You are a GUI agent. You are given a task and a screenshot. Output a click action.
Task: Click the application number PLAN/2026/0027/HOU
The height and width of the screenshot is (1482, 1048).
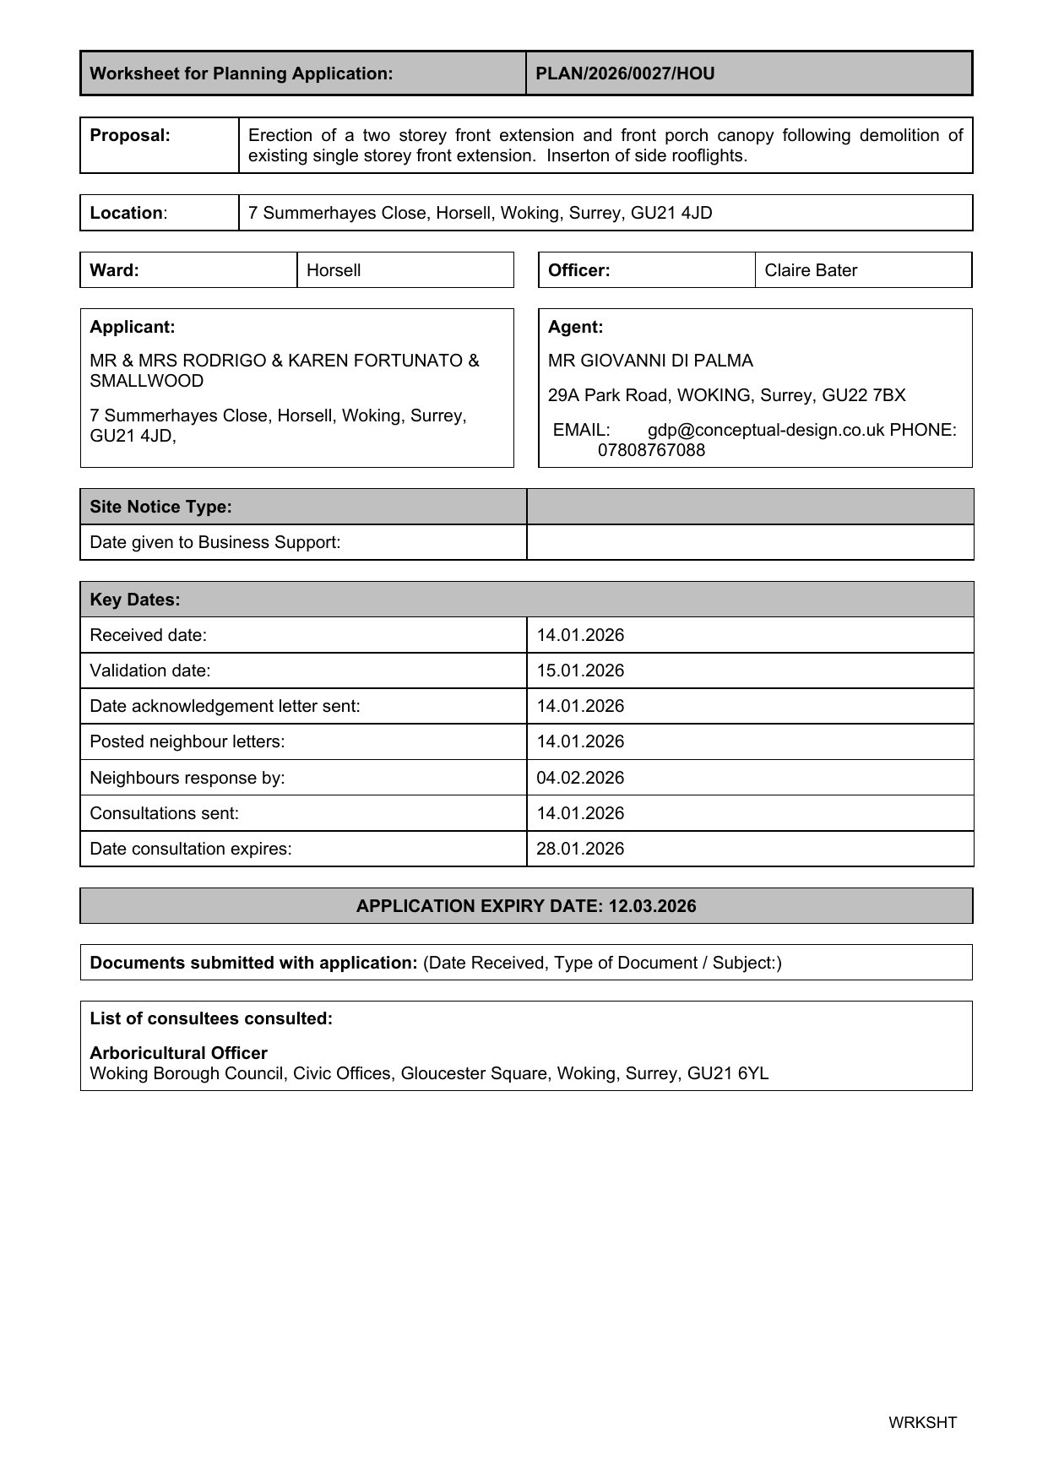coord(625,73)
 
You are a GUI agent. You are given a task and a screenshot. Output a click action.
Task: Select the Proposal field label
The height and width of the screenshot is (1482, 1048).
coord(130,135)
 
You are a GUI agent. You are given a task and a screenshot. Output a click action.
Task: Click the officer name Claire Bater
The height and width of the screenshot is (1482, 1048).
coord(811,270)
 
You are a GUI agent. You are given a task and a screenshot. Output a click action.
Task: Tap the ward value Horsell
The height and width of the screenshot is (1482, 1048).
coord(334,270)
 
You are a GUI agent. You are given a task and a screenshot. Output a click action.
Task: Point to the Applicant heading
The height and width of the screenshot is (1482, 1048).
coord(133,327)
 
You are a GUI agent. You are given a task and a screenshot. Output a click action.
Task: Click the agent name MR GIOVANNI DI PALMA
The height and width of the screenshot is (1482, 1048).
coord(650,361)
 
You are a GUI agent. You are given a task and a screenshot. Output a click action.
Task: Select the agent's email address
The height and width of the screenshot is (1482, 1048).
coord(766,430)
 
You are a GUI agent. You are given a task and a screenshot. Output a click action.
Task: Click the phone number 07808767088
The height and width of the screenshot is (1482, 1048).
coord(651,450)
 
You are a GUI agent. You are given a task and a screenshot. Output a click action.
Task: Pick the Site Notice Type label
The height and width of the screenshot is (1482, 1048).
coord(160,507)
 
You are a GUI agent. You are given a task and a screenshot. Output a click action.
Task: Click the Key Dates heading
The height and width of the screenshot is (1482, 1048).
coord(135,600)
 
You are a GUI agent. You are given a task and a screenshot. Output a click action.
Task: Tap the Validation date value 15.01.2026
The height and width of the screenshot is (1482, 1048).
coord(580,670)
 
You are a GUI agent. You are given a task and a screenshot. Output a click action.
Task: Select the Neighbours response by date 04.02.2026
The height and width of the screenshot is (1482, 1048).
coord(580,778)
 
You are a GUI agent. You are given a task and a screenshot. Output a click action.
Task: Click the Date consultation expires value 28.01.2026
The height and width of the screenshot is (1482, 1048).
coord(580,849)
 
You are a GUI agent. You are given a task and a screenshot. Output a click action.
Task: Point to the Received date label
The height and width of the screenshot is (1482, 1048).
coord(148,635)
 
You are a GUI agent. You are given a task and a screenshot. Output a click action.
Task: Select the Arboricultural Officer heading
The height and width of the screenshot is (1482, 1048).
coord(178,1053)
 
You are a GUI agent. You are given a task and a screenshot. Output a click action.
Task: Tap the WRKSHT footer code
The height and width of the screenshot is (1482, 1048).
coord(922,1422)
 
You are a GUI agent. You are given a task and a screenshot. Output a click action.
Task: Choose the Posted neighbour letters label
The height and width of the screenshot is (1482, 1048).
coord(187,741)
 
